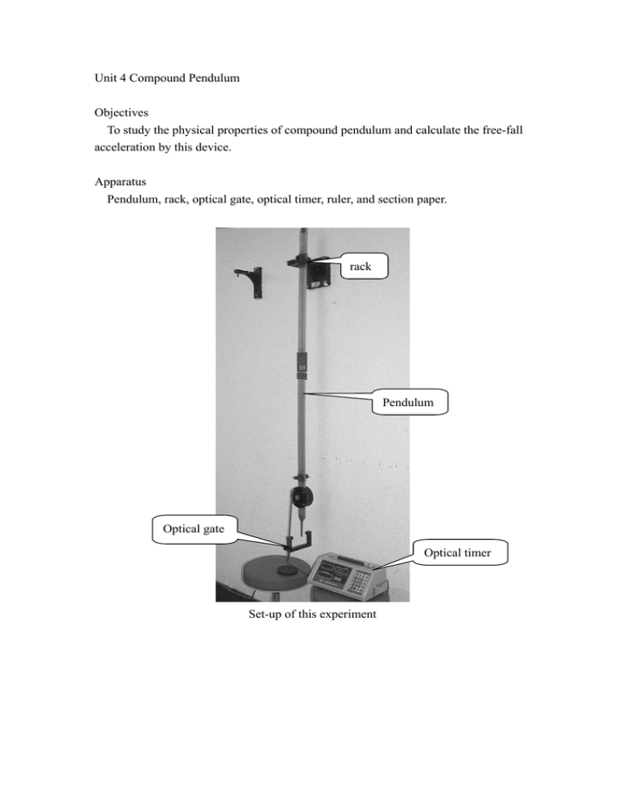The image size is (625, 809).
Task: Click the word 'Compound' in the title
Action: [166, 81]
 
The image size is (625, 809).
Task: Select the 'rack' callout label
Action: [361, 265]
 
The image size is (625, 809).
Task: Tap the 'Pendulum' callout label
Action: [410, 401]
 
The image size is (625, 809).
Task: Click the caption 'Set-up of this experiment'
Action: [312, 614]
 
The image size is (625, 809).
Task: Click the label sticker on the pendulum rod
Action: [300, 366]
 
